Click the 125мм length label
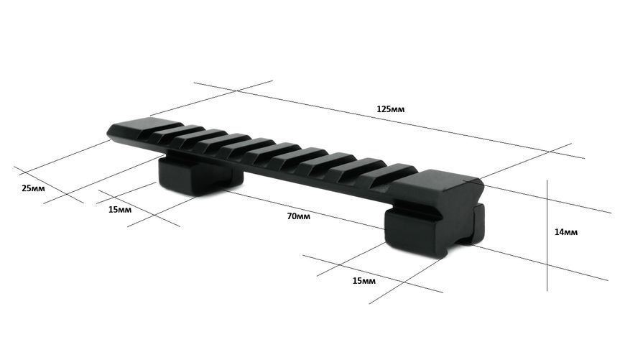tap(390, 109)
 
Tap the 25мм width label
tap(33, 188)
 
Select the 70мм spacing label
tap(298, 216)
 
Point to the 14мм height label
tap(565, 232)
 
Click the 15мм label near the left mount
tap(119, 210)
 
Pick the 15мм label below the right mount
tap(364, 281)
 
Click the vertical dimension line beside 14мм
tap(547, 235)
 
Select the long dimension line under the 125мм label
tap(389, 121)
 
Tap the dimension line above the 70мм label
tap(302, 209)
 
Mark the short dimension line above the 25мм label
tap(49, 185)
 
